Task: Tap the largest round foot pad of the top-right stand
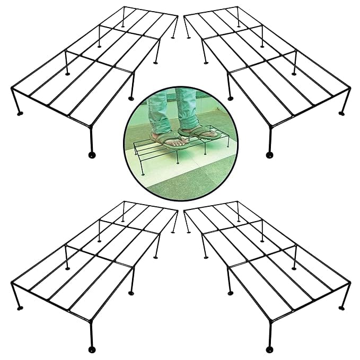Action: coord(269,155)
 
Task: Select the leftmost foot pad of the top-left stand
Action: coord(20,113)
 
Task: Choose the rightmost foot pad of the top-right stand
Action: coord(341,112)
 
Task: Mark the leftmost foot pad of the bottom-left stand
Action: coord(20,306)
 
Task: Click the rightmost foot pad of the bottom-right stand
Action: coord(341,306)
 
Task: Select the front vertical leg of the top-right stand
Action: coord(270,139)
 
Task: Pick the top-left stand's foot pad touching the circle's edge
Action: coord(131,99)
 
